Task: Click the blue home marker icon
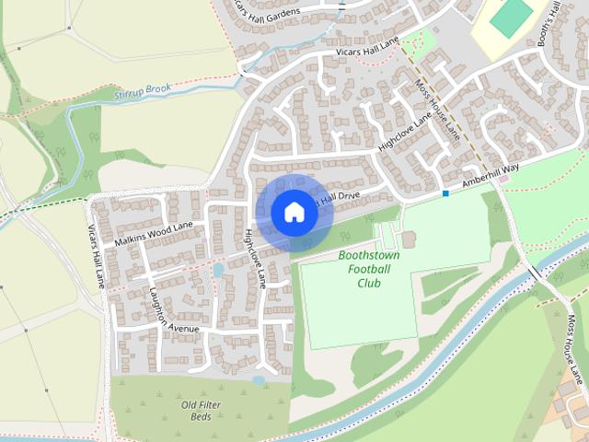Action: click(x=294, y=212)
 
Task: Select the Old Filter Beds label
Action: click(x=201, y=410)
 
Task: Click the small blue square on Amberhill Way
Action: click(x=445, y=193)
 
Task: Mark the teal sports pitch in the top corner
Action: click(x=511, y=17)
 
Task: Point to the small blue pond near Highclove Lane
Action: click(x=218, y=271)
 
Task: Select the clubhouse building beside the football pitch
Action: click(x=409, y=239)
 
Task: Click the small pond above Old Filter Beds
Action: click(x=260, y=378)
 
